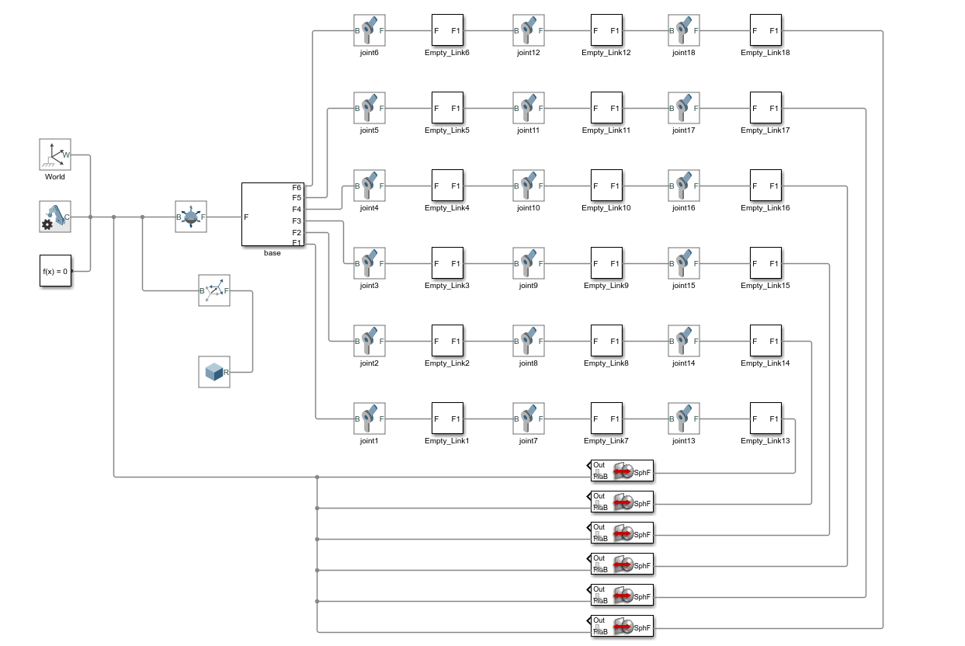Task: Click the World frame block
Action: (x=55, y=155)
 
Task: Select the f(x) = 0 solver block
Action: (x=55, y=271)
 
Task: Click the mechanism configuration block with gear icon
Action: (x=55, y=217)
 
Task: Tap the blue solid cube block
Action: (x=214, y=372)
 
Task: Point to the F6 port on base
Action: (x=297, y=187)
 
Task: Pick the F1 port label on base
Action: (x=297, y=243)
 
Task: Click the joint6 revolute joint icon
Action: (x=370, y=30)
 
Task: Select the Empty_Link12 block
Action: (x=606, y=30)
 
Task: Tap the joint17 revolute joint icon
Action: (x=684, y=108)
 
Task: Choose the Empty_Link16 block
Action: (x=765, y=186)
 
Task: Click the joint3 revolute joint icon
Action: (x=370, y=263)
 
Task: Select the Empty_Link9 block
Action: (x=606, y=263)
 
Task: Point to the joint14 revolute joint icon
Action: (x=684, y=341)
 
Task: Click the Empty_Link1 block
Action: (x=447, y=419)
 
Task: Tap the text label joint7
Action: (x=528, y=441)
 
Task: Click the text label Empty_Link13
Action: (x=765, y=441)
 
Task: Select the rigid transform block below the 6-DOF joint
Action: (x=214, y=290)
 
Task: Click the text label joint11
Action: (x=528, y=130)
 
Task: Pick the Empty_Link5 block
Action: (x=447, y=108)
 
